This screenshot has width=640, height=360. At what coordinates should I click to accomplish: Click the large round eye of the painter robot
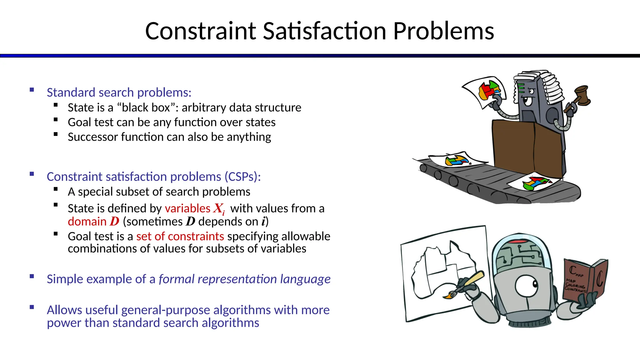coord(527,285)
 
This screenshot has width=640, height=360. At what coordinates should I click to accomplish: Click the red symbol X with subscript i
coord(219,208)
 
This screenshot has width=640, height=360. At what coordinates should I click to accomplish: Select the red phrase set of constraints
coord(180,236)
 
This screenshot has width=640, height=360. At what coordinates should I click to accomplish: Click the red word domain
coord(87,222)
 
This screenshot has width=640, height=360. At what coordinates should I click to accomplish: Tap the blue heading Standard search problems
coord(119,92)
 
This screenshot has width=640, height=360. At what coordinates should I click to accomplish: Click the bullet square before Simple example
coord(32,276)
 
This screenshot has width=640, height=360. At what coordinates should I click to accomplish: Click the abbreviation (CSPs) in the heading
coord(242,177)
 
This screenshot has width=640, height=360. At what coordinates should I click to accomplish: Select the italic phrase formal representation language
coord(244,279)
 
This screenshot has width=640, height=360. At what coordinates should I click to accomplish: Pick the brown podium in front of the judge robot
coord(528,147)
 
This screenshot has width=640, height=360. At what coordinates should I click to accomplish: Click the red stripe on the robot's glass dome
coord(519,242)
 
